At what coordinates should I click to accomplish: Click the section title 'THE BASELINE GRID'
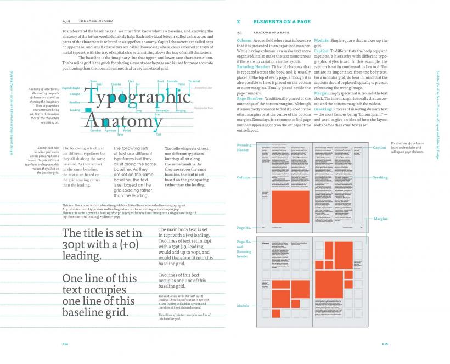[98, 20]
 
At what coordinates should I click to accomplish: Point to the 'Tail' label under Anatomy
[158, 134]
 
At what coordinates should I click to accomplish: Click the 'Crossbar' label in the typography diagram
[95, 130]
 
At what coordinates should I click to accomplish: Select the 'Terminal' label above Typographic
[194, 81]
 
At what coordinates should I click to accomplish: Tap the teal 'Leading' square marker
[88, 111]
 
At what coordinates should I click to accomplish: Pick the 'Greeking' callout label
[380, 177]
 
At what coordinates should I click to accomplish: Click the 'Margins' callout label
[381, 219]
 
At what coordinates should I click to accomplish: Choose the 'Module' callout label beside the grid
[243, 305]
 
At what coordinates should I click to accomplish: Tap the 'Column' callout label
[243, 177]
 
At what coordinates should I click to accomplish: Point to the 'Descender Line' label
[204, 108]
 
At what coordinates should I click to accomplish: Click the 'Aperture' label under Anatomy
[110, 130]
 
